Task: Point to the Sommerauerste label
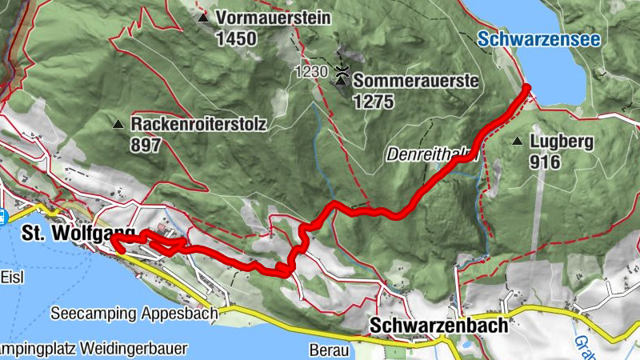click(x=415, y=81)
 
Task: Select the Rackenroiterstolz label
click(x=198, y=125)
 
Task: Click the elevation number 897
click(x=146, y=145)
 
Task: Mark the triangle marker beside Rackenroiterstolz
click(x=118, y=125)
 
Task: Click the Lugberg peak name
click(x=561, y=142)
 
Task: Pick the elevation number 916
click(x=544, y=162)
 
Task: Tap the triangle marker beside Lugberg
click(x=518, y=142)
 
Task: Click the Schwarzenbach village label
click(x=439, y=326)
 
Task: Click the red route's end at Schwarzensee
click(x=527, y=88)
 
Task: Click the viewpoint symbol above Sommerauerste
click(x=343, y=72)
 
